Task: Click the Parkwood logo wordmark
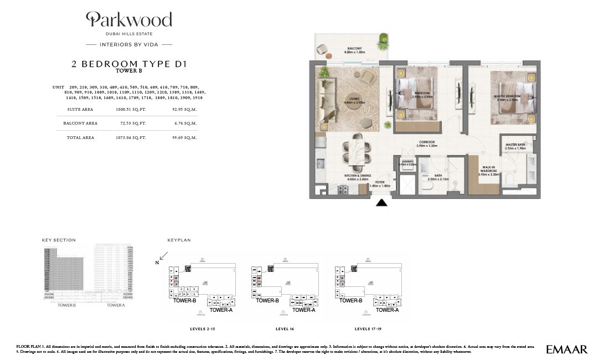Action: (129, 20)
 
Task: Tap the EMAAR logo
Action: (566, 349)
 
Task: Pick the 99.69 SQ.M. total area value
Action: (184, 137)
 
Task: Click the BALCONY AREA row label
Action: (80, 124)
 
